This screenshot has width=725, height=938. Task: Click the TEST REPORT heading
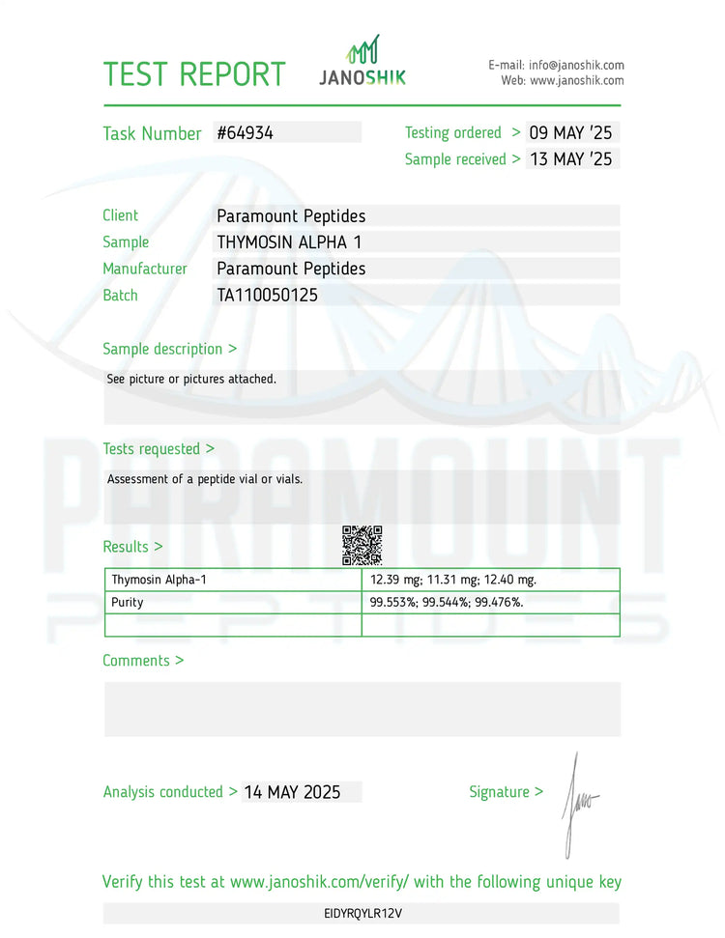(x=194, y=74)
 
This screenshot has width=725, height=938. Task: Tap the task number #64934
(x=246, y=133)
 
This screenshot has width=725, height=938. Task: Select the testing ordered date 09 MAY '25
(x=570, y=133)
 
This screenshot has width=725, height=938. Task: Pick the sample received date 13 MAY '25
(x=570, y=159)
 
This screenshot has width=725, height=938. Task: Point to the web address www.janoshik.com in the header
(x=576, y=80)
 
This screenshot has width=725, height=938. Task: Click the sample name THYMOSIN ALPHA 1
(x=289, y=242)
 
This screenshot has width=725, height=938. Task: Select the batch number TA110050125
(x=267, y=296)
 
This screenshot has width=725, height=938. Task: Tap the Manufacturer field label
(x=145, y=269)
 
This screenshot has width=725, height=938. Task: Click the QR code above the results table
(x=362, y=546)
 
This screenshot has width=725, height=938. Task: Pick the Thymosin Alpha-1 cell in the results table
(x=159, y=580)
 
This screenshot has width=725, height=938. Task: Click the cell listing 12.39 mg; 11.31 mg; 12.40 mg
(x=453, y=580)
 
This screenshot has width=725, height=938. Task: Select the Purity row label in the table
(x=128, y=602)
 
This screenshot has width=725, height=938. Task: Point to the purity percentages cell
(x=447, y=602)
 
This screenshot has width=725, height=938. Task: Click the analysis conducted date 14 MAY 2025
(x=292, y=792)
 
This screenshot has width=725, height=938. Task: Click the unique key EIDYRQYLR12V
(x=362, y=913)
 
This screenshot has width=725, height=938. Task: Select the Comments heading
(x=143, y=661)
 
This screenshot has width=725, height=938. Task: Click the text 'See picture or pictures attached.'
(x=191, y=379)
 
